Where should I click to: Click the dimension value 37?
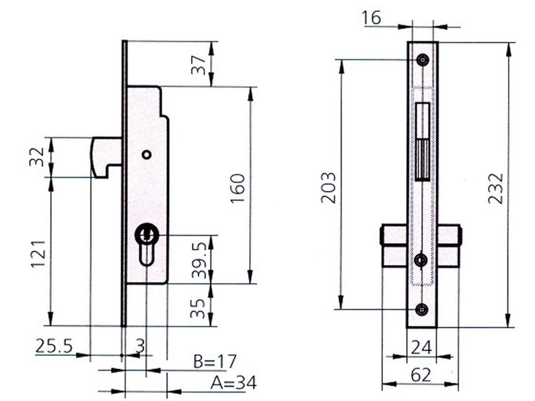[x=200, y=64]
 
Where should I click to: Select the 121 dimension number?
[x=38, y=254]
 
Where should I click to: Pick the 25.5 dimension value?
[x=54, y=346]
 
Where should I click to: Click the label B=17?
[x=215, y=362]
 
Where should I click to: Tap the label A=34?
[x=233, y=383]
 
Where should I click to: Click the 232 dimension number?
[x=496, y=188]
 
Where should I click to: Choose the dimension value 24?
[x=421, y=347]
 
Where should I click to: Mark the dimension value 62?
[x=420, y=376]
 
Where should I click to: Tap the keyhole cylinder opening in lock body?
[x=146, y=242]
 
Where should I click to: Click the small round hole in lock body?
[x=146, y=155]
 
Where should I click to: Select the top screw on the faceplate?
[x=423, y=60]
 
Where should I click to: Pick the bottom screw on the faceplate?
[x=422, y=310]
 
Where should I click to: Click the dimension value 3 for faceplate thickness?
[x=140, y=346]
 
